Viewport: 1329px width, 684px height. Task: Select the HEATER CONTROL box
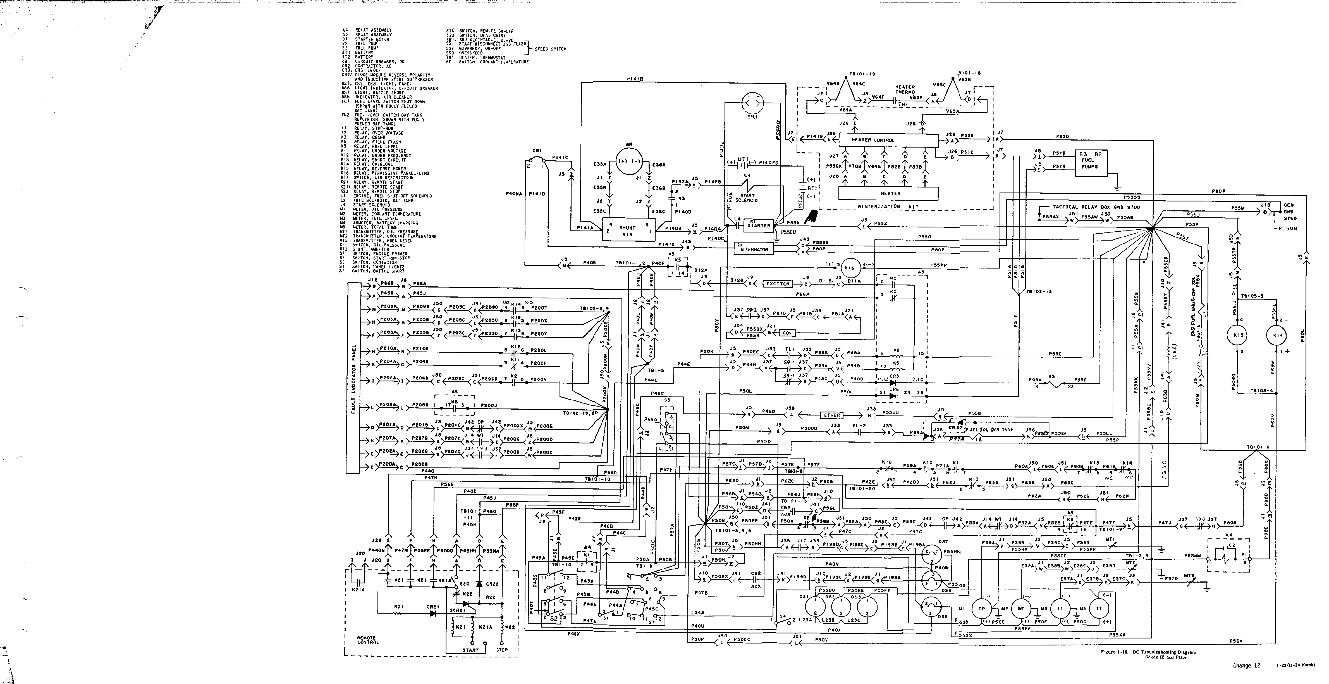pos(887,140)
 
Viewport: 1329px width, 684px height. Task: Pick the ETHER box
pos(832,415)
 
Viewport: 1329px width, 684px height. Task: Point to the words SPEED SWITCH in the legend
pos(551,49)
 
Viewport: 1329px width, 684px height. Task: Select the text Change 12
pos(1246,666)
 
